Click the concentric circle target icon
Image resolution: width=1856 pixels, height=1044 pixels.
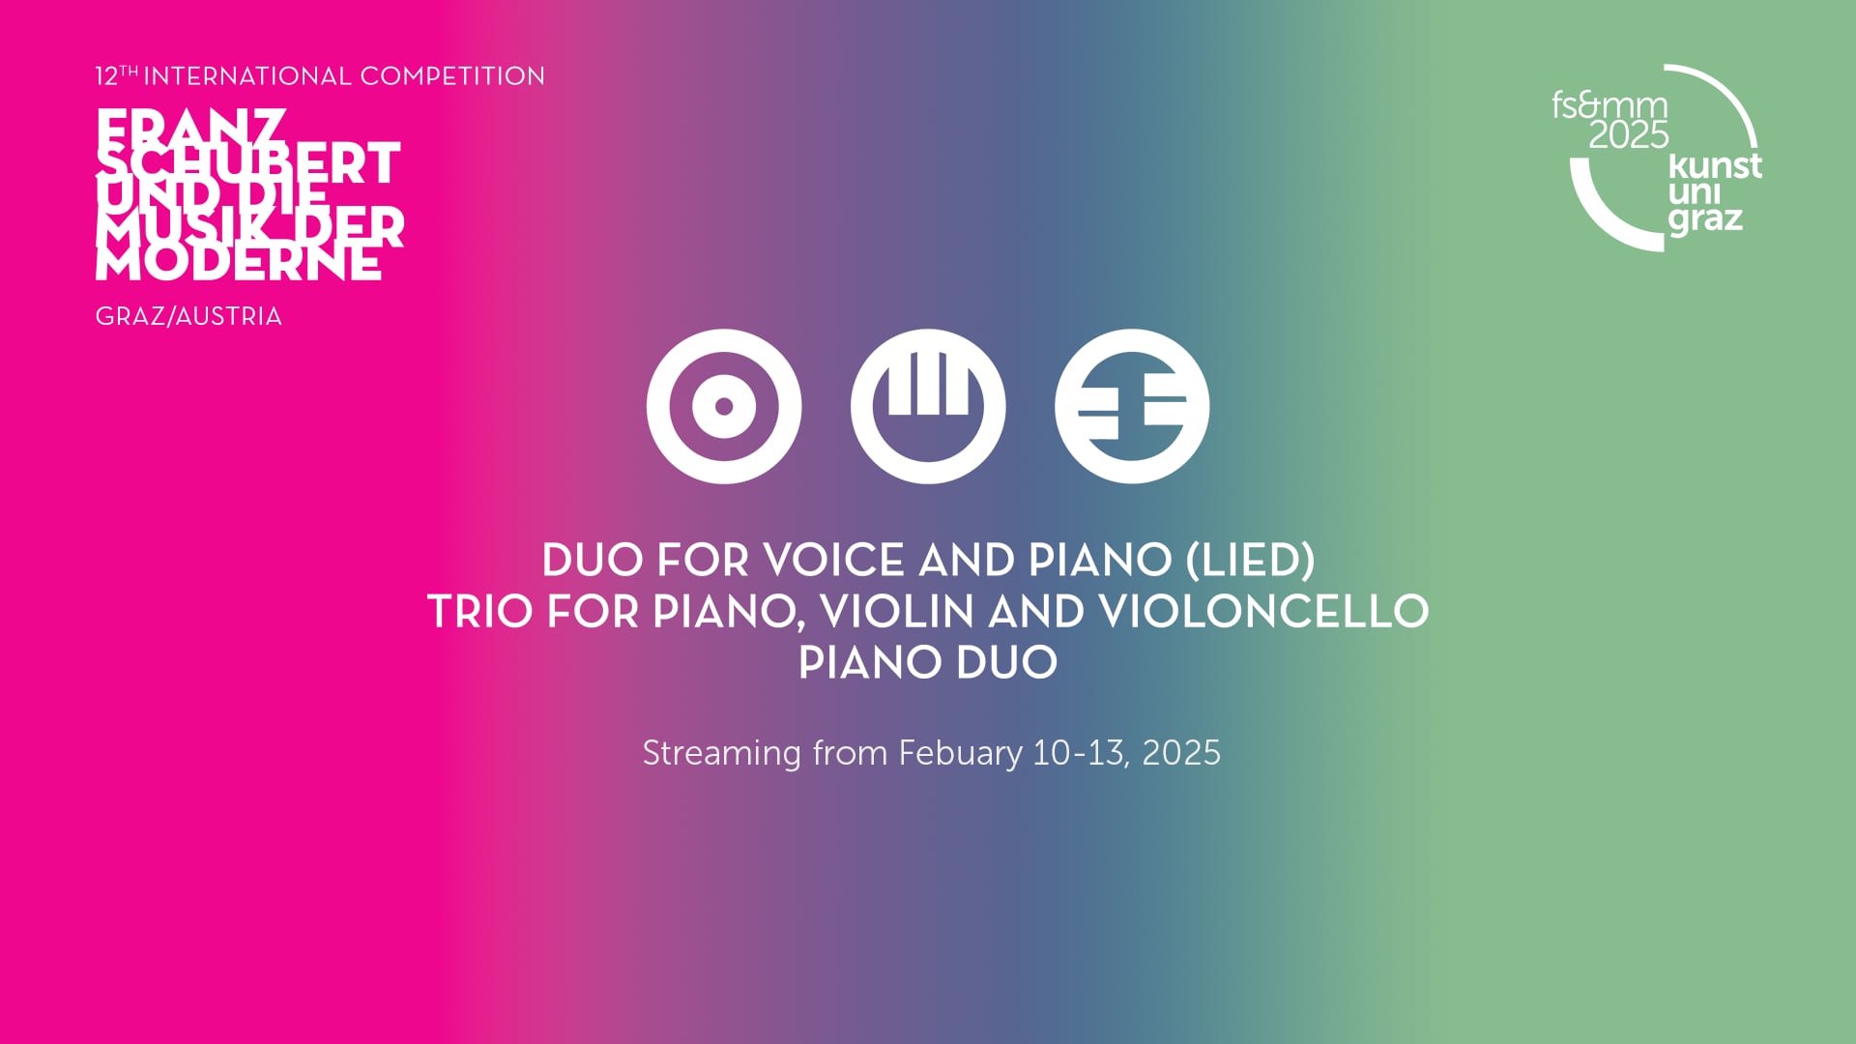click(x=724, y=406)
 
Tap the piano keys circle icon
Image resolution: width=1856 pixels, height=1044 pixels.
click(x=928, y=406)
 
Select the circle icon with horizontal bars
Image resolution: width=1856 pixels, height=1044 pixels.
click(x=1132, y=406)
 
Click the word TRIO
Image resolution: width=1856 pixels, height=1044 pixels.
click(x=479, y=612)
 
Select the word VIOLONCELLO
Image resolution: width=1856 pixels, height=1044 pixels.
click(x=1264, y=612)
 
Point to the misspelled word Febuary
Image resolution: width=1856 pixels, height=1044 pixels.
click(x=960, y=753)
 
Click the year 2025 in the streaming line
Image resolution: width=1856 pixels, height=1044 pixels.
click(x=1181, y=753)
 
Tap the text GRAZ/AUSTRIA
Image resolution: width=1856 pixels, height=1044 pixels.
click(x=188, y=317)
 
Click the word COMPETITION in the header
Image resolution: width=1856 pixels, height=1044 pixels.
click(x=452, y=76)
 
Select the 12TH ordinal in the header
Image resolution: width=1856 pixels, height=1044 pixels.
click(x=116, y=75)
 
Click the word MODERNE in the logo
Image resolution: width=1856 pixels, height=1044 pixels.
click(x=238, y=264)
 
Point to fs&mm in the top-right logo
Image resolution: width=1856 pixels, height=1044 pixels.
click(x=1609, y=104)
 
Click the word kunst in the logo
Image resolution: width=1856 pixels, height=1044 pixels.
click(x=1715, y=166)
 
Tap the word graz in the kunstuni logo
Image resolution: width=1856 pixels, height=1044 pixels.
click(x=1705, y=219)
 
